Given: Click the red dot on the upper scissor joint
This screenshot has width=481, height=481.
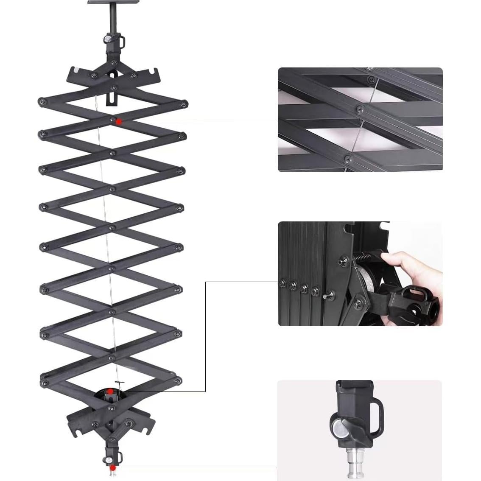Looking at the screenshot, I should (119, 122).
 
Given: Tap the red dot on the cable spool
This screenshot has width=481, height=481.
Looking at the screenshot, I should (110, 391).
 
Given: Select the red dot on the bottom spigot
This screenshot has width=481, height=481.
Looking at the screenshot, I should (113, 467).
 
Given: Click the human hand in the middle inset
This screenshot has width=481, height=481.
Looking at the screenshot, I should (414, 271).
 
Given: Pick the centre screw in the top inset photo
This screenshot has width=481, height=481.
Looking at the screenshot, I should (360, 109).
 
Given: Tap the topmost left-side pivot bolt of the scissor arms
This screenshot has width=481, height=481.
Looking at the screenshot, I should (42, 102).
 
